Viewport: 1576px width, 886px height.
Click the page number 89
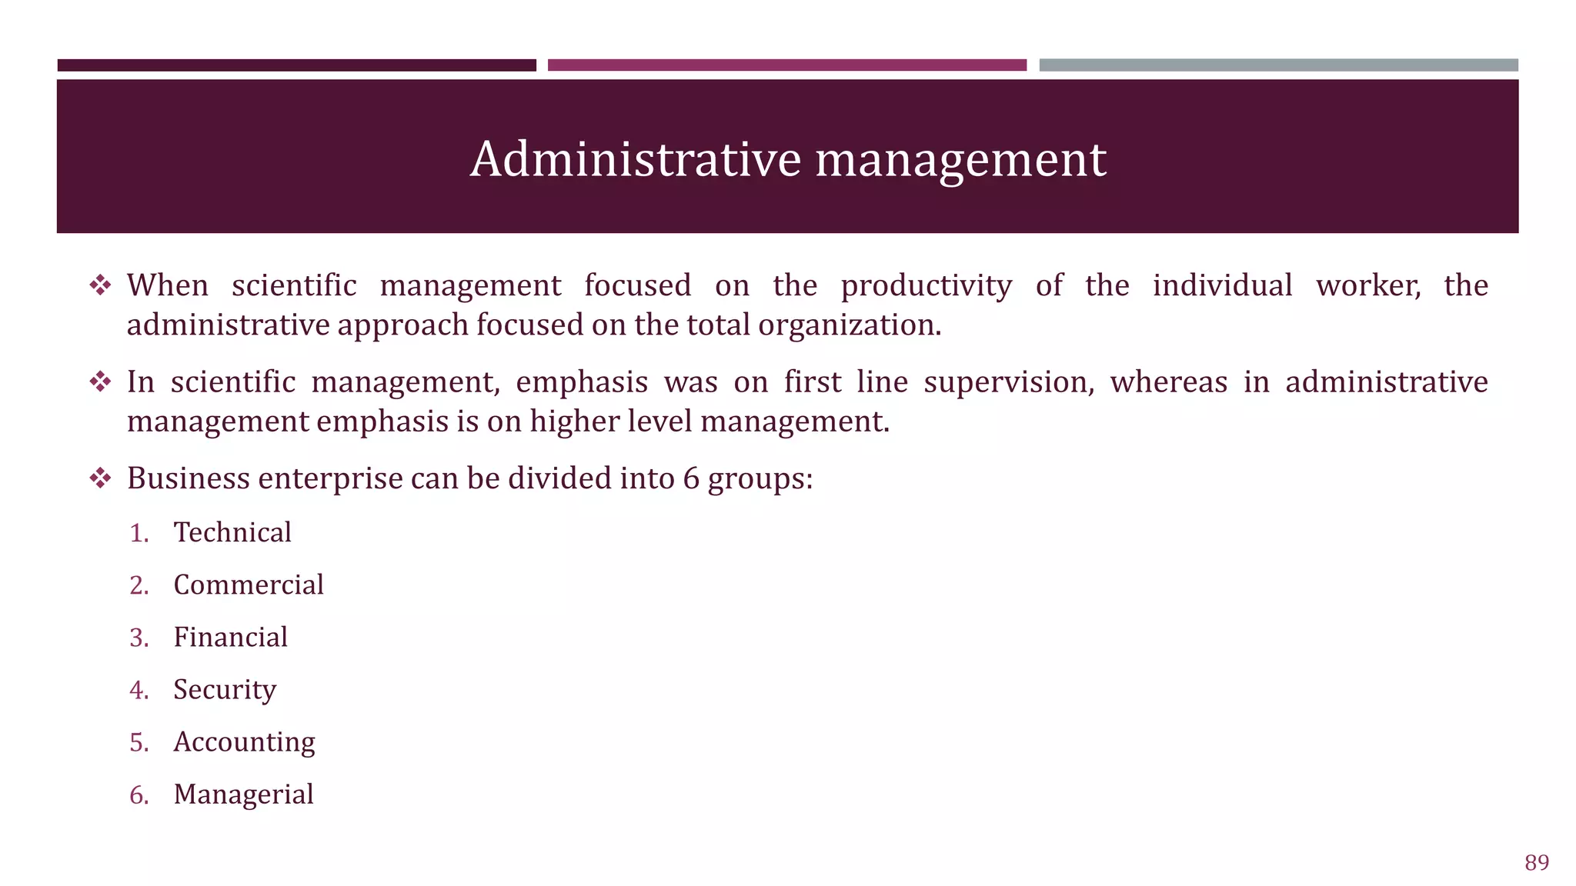pos(1536,863)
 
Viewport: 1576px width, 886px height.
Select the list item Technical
pos(232,532)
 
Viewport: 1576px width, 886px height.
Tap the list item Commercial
pos(249,585)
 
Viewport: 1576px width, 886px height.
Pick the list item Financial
pos(230,637)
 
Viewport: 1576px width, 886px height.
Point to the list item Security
pos(225,690)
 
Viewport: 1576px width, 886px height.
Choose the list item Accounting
pos(244,742)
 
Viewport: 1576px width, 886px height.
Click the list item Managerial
pos(243,794)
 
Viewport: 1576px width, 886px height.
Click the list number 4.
pos(139,690)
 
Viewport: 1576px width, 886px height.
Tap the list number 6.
pos(139,794)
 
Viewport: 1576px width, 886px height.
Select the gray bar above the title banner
pos(1278,65)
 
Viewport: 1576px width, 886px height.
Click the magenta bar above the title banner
pos(786,65)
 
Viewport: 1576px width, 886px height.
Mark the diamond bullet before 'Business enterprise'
pos(100,478)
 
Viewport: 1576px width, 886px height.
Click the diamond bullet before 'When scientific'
pos(100,286)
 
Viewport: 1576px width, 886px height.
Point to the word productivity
pos(926,286)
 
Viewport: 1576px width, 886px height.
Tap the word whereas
pos(1168,382)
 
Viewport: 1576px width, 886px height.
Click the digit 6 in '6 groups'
pos(691,478)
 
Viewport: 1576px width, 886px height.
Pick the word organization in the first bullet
pos(849,325)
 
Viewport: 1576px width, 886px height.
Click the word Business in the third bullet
pos(189,478)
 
